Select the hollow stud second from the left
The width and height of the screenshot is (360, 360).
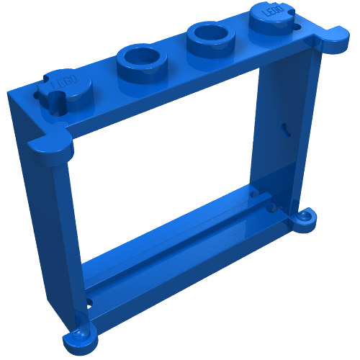click(141, 60)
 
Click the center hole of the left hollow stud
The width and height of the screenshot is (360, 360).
click(141, 55)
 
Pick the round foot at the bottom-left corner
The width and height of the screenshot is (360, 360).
click(79, 341)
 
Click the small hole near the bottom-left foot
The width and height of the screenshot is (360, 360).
click(89, 302)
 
